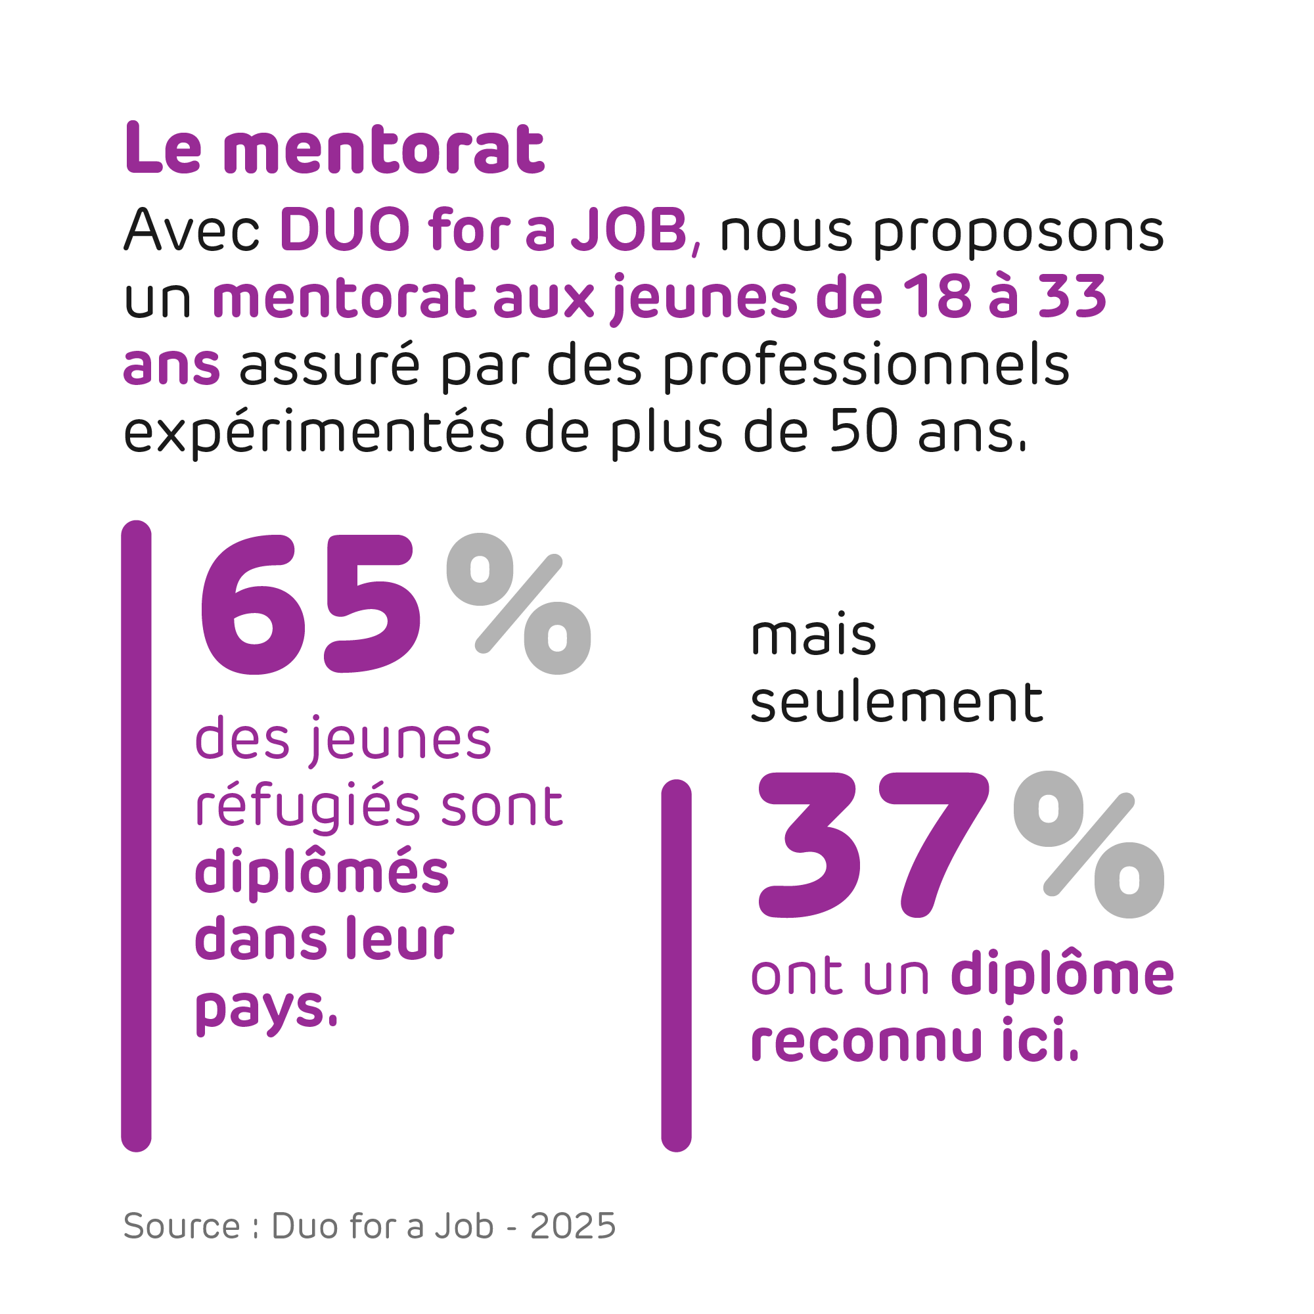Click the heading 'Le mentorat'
click(334, 149)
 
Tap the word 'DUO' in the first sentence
click(345, 230)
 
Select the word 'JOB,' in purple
click(636, 230)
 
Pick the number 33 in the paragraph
click(1073, 297)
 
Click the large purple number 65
click(309, 604)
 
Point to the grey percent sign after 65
click(518, 604)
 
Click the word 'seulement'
click(895, 702)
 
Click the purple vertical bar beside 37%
click(676, 966)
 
